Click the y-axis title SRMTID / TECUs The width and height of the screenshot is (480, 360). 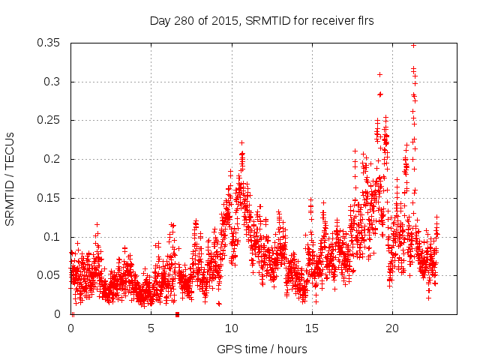click(10, 178)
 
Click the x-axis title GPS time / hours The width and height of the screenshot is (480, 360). click(262, 349)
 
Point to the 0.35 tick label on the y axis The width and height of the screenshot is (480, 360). click(50, 43)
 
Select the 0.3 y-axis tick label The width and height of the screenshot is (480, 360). click(53, 82)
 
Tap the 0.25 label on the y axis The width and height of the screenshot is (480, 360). click(50, 121)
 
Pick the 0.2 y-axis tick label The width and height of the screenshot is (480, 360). click(53, 159)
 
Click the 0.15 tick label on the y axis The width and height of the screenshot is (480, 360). click(50, 198)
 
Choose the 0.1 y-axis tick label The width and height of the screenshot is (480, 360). click(53, 237)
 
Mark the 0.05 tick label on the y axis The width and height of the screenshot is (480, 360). click(50, 275)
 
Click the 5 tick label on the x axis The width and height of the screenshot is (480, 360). click(151, 328)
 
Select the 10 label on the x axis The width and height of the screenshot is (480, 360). click(232, 328)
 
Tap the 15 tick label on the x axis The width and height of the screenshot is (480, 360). click(312, 328)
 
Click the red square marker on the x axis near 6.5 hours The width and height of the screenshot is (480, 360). click(177, 314)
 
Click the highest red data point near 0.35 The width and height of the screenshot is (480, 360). click(413, 45)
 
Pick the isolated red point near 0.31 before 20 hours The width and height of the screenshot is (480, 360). click(379, 74)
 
